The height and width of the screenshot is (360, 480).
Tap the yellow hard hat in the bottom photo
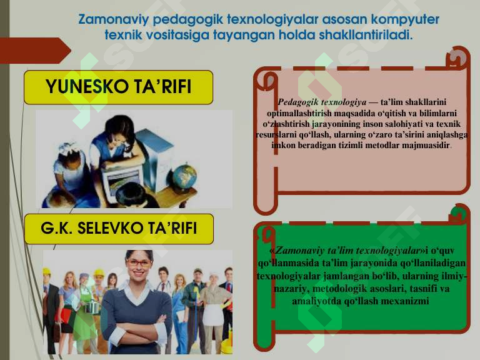coord(46,272)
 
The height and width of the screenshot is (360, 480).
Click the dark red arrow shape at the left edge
coord(34,51)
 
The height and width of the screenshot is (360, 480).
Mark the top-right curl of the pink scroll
coord(460,57)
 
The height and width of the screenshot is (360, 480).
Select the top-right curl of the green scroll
coord(459,215)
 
